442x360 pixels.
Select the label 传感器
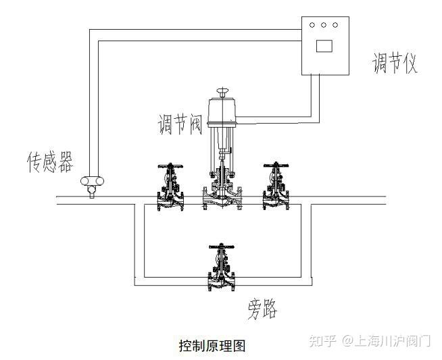[49, 162]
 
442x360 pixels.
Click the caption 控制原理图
[211, 345]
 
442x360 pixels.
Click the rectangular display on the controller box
[324, 45]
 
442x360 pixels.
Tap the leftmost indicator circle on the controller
[312, 26]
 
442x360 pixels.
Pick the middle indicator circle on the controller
[324, 26]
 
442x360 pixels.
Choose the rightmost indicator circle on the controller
[335, 26]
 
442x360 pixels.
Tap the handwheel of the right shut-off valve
[276, 165]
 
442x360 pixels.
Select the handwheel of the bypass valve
[222, 247]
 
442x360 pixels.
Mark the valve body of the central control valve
[223, 198]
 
